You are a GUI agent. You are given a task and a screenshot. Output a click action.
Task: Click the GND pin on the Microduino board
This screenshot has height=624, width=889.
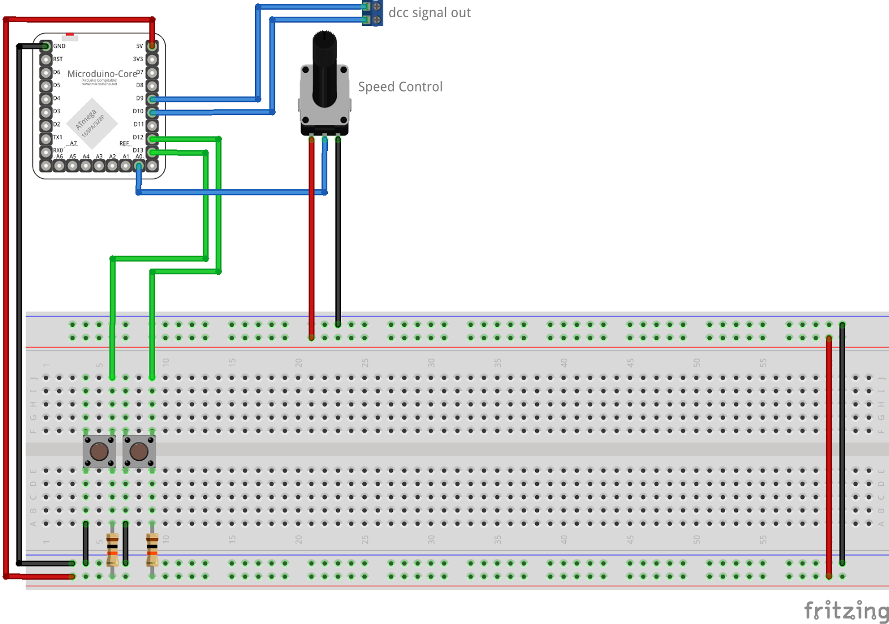[46, 46]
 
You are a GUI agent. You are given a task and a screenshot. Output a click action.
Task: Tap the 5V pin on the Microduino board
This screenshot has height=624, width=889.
[152, 46]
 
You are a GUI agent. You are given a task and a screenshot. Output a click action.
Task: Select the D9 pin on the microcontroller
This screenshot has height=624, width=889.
[152, 99]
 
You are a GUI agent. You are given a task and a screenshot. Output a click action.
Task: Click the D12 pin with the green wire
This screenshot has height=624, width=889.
[152, 138]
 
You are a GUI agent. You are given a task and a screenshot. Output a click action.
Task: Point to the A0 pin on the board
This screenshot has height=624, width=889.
[139, 165]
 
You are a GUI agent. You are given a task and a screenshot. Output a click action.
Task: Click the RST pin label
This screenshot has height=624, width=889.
[58, 59]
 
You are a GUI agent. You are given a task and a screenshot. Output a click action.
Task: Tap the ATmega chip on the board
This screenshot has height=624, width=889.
[92, 123]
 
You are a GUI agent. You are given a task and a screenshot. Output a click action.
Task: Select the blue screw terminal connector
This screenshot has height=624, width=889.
[372, 13]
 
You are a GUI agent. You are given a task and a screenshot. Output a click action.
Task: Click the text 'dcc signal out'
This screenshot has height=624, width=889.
[429, 13]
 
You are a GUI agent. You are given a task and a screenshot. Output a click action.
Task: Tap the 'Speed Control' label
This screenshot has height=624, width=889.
[400, 87]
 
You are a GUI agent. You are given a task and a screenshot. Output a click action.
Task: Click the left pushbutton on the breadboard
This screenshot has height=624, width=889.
[99, 451]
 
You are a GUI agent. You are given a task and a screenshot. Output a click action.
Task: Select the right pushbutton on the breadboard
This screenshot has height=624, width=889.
[139, 451]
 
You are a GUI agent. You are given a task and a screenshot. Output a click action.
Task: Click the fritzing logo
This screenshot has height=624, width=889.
[846, 611]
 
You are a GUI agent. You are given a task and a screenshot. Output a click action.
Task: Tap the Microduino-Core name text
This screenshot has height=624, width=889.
[102, 74]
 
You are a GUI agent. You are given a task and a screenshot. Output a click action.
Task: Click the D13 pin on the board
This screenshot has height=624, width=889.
[152, 152]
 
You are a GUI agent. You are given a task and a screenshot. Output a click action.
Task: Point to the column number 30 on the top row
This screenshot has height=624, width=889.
[431, 363]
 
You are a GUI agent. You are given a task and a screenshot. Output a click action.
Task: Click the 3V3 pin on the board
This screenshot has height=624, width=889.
[152, 59]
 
